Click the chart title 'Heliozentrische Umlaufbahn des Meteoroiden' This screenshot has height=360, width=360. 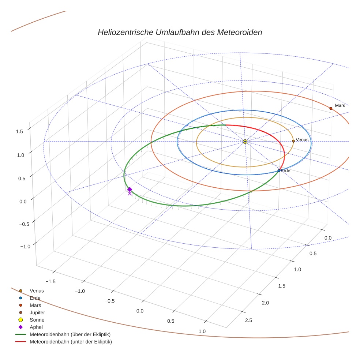[x=180, y=32]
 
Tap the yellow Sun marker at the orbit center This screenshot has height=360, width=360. [x=245, y=142]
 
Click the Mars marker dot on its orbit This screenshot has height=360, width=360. [x=331, y=108]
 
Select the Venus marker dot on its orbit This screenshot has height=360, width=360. [x=293, y=141]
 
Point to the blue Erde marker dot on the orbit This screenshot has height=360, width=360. [x=279, y=170]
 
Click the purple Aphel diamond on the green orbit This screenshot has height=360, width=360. [x=130, y=189]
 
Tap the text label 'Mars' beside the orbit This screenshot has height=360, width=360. [x=340, y=105]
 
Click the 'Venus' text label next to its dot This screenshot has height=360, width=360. [x=302, y=140]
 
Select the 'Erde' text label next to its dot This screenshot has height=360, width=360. [x=285, y=171]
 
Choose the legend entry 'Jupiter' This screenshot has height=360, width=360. [x=37, y=312]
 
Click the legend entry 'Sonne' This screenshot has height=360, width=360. [x=37, y=320]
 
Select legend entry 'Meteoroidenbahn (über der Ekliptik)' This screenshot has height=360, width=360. [x=70, y=334]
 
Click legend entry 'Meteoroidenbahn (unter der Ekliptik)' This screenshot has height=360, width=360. [x=71, y=342]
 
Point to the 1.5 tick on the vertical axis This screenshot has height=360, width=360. [x=20, y=131]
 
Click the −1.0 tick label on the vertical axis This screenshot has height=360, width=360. [x=25, y=247]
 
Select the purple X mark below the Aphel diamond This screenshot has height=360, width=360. [x=130, y=194]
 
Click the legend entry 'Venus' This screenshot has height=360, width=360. [x=37, y=291]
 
